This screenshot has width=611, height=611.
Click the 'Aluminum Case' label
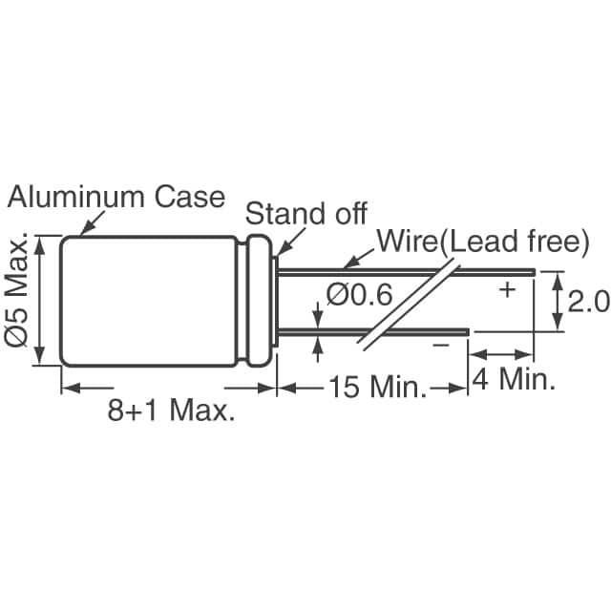(x=116, y=197)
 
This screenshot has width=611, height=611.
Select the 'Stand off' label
(x=305, y=212)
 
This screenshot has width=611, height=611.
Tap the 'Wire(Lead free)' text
(x=480, y=241)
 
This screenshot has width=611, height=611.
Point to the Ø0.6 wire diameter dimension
(x=359, y=296)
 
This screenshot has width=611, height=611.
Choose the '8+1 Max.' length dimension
(x=171, y=411)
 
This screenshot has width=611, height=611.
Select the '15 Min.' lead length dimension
(x=376, y=388)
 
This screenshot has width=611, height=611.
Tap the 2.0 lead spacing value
(x=587, y=302)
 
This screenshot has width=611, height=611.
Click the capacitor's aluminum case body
(x=148, y=301)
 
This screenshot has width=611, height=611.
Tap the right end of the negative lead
(x=467, y=332)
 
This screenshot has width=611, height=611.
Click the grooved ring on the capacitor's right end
(x=256, y=301)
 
